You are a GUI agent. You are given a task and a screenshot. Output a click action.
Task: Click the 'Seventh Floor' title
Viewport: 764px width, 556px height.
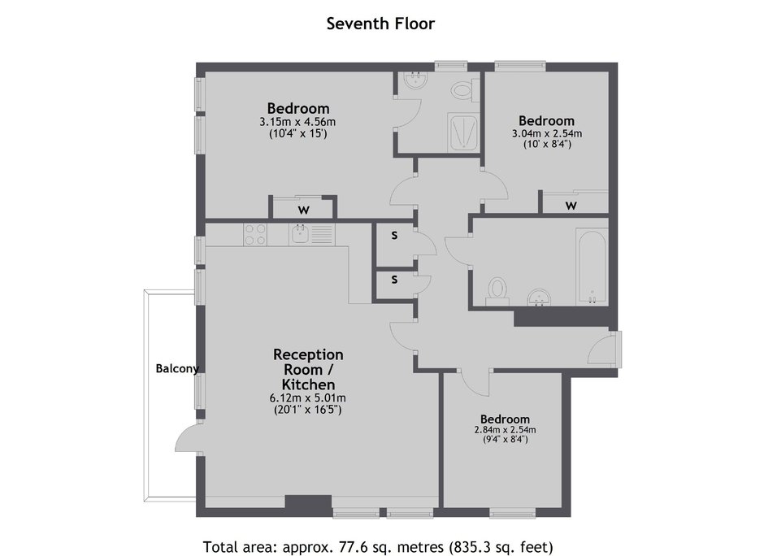380,24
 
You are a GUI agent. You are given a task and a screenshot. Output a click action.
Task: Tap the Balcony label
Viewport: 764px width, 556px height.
177,369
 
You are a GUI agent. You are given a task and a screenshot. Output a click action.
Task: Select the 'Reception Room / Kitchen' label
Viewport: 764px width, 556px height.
308,369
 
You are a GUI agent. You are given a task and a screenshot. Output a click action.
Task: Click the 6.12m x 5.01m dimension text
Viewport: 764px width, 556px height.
308,398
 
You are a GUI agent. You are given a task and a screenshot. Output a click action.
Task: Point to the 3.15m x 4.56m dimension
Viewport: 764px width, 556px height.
297,122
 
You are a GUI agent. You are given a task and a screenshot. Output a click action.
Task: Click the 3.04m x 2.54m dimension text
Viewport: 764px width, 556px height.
547,133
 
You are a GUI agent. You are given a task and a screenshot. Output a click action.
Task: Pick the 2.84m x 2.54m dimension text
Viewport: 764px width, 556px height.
505,430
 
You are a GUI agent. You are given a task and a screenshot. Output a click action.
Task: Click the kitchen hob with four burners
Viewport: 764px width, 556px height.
255,234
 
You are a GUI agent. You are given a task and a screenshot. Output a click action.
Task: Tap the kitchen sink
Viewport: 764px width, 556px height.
298,234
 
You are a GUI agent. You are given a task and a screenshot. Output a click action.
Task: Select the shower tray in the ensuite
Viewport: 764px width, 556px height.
463,132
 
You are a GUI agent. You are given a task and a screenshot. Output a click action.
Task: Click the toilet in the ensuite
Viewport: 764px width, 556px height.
463,91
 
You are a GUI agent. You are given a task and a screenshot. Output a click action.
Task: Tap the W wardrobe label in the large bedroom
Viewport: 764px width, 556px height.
303,211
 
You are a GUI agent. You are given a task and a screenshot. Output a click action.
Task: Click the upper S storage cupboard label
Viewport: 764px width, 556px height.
394,236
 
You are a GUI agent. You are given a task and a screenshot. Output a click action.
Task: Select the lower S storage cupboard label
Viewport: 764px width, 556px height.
394,280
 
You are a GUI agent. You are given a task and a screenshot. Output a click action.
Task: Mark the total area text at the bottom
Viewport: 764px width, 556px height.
378,547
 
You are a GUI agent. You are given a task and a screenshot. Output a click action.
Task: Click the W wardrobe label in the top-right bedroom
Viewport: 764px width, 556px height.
571,206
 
